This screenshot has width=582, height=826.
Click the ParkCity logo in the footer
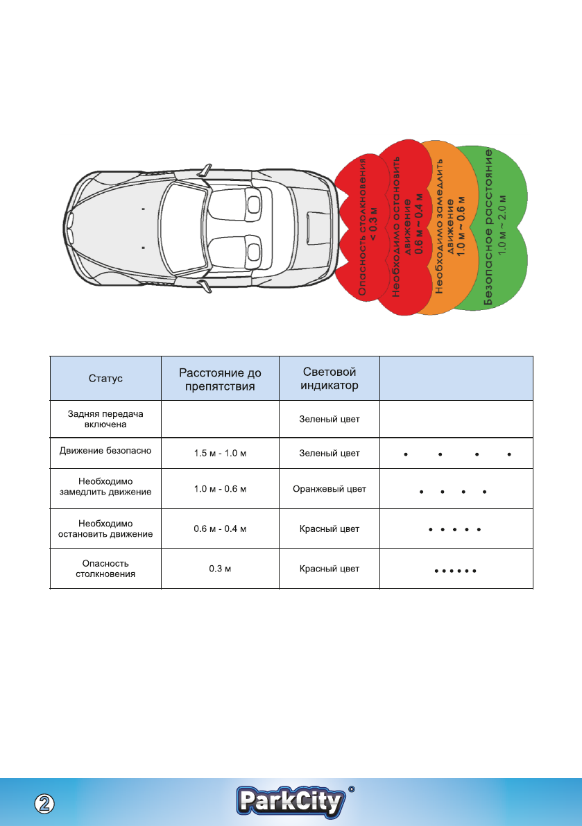291,802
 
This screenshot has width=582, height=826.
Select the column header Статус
105,379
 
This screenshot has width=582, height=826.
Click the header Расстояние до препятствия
220,379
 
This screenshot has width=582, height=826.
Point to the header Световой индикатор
329,379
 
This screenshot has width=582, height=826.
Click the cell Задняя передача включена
105,419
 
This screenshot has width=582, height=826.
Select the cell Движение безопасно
105,450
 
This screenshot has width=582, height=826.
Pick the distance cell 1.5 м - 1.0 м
220,454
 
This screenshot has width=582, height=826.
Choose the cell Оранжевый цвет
329,489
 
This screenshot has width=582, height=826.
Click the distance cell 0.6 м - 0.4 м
220,529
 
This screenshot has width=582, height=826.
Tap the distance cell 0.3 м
220,569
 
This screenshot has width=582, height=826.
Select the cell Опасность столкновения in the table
105,569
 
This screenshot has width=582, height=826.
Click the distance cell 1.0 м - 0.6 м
220,489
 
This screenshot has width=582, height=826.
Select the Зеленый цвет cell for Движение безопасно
329,454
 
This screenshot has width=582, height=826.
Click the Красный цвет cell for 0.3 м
329,569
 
